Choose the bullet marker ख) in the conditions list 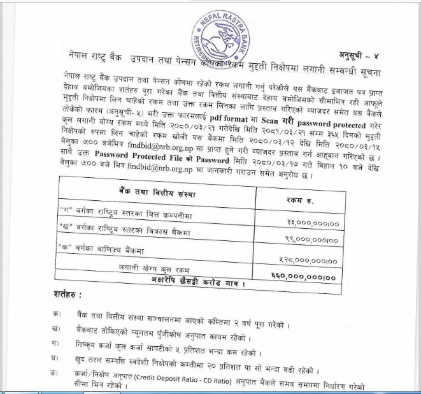click(x=59, y=330)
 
